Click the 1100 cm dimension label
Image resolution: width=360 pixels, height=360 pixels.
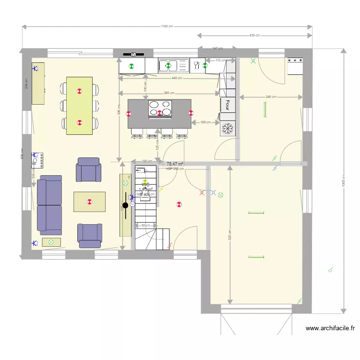(x=167, y=26)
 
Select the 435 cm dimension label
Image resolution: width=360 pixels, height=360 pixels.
(x=254, y=36)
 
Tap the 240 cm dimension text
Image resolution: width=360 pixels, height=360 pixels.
(x=271, y=97)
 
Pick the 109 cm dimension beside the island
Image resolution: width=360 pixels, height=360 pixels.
(x=205, y=122)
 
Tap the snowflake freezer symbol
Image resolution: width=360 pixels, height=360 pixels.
(x=228, y=129)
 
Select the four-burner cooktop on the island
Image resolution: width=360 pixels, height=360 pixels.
(x=160, y=108)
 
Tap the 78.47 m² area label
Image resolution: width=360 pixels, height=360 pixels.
(x=175, y=164)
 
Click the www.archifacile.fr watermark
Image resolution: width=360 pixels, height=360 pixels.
(x=330, y=329)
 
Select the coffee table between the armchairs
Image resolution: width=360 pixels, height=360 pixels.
(x=89, y=202)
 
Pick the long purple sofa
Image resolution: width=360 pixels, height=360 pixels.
(x=50, y=205)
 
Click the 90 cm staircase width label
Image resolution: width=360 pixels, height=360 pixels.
(x=145, y=225)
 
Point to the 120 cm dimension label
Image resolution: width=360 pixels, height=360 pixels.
(x=147, y=161)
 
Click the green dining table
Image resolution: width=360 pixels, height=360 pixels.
(x=80, y=106)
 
